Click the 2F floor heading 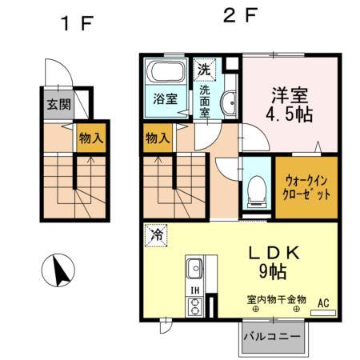tap(239, 15)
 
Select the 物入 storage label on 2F tap(158, 138)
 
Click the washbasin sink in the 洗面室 tap(229, 102)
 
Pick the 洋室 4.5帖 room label tap(289, 102)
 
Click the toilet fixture tap(257, 189)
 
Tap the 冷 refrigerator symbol tap(158, 237)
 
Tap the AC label tap(324, 303)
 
